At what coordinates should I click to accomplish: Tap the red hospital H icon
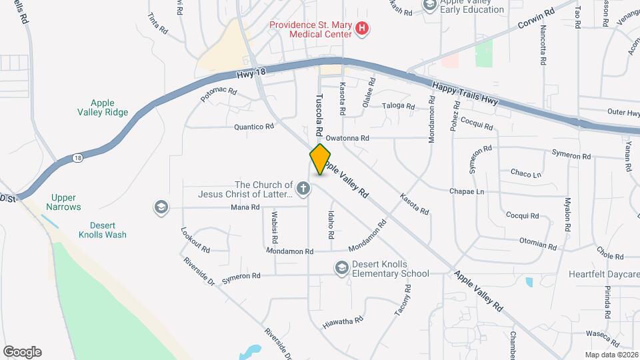click(362, 27)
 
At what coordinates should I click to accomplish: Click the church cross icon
click(303, 189)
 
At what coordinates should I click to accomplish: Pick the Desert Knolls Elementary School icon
click(342, 268)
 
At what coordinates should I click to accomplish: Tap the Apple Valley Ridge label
click(103, 107)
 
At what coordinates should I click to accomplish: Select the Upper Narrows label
click(64, 202)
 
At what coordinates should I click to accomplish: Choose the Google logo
click(22, 352)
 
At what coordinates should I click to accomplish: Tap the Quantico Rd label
click(254, 126)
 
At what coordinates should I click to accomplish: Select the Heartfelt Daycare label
click(604, 274)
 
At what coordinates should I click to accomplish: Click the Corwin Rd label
click(536, 22)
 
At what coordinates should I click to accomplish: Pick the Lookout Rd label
click(195, 241)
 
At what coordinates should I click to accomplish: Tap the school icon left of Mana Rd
click(160, 207)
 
